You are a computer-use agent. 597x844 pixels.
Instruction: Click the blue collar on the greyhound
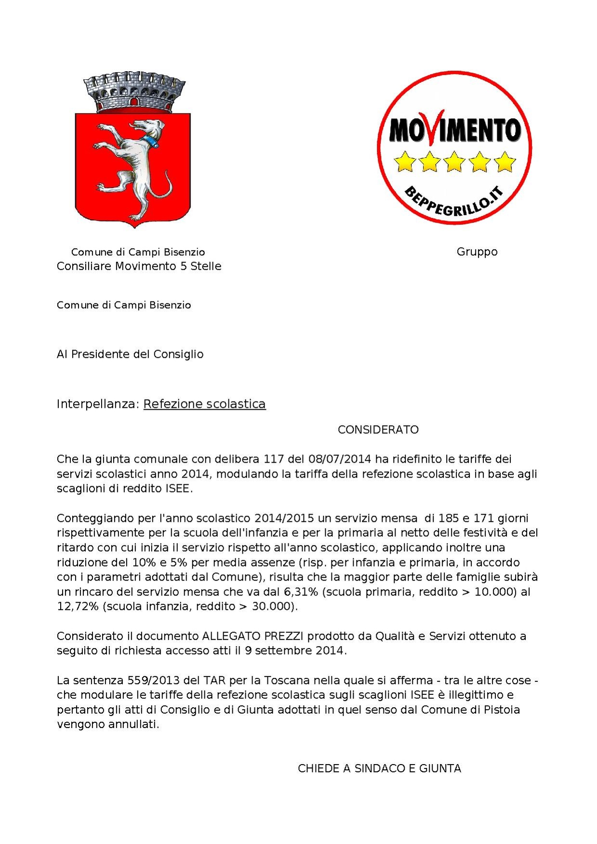153,141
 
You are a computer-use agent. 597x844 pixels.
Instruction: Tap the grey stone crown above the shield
134,92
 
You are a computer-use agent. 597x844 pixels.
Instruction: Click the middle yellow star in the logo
454,162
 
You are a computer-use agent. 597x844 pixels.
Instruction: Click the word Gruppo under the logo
477,252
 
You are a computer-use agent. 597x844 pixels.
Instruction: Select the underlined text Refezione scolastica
204,404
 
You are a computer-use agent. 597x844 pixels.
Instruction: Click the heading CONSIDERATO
378,430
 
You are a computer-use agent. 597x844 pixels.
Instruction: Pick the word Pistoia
501,710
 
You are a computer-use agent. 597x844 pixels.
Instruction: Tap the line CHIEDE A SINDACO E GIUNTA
379,768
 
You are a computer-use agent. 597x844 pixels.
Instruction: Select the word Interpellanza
98,404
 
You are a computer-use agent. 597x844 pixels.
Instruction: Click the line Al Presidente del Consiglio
130,354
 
